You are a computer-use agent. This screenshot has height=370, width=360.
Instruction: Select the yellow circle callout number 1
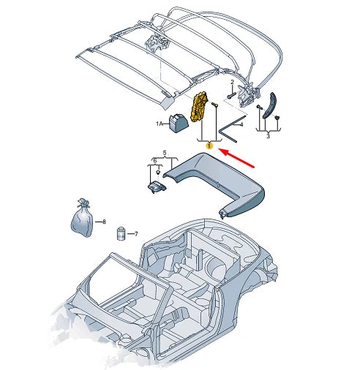tap(210, 146)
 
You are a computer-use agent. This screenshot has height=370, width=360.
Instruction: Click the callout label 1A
tap(159, 125)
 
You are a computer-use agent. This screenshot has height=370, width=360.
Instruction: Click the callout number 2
tap(233, 82)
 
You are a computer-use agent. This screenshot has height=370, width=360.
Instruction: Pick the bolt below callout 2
tap(231, 95)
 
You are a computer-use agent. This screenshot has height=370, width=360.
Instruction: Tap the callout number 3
tap(267, 137)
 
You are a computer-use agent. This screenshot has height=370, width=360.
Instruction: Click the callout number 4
tap(241, 124)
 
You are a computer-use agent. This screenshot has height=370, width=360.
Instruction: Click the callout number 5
tap(164, 153)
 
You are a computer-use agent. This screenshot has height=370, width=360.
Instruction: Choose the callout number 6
tap(154, 160)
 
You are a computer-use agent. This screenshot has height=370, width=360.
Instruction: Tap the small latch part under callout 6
tap(156, 188)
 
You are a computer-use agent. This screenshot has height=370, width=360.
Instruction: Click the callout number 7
tap(135, 235)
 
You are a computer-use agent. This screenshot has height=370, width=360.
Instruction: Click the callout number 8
tap(104, 222)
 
